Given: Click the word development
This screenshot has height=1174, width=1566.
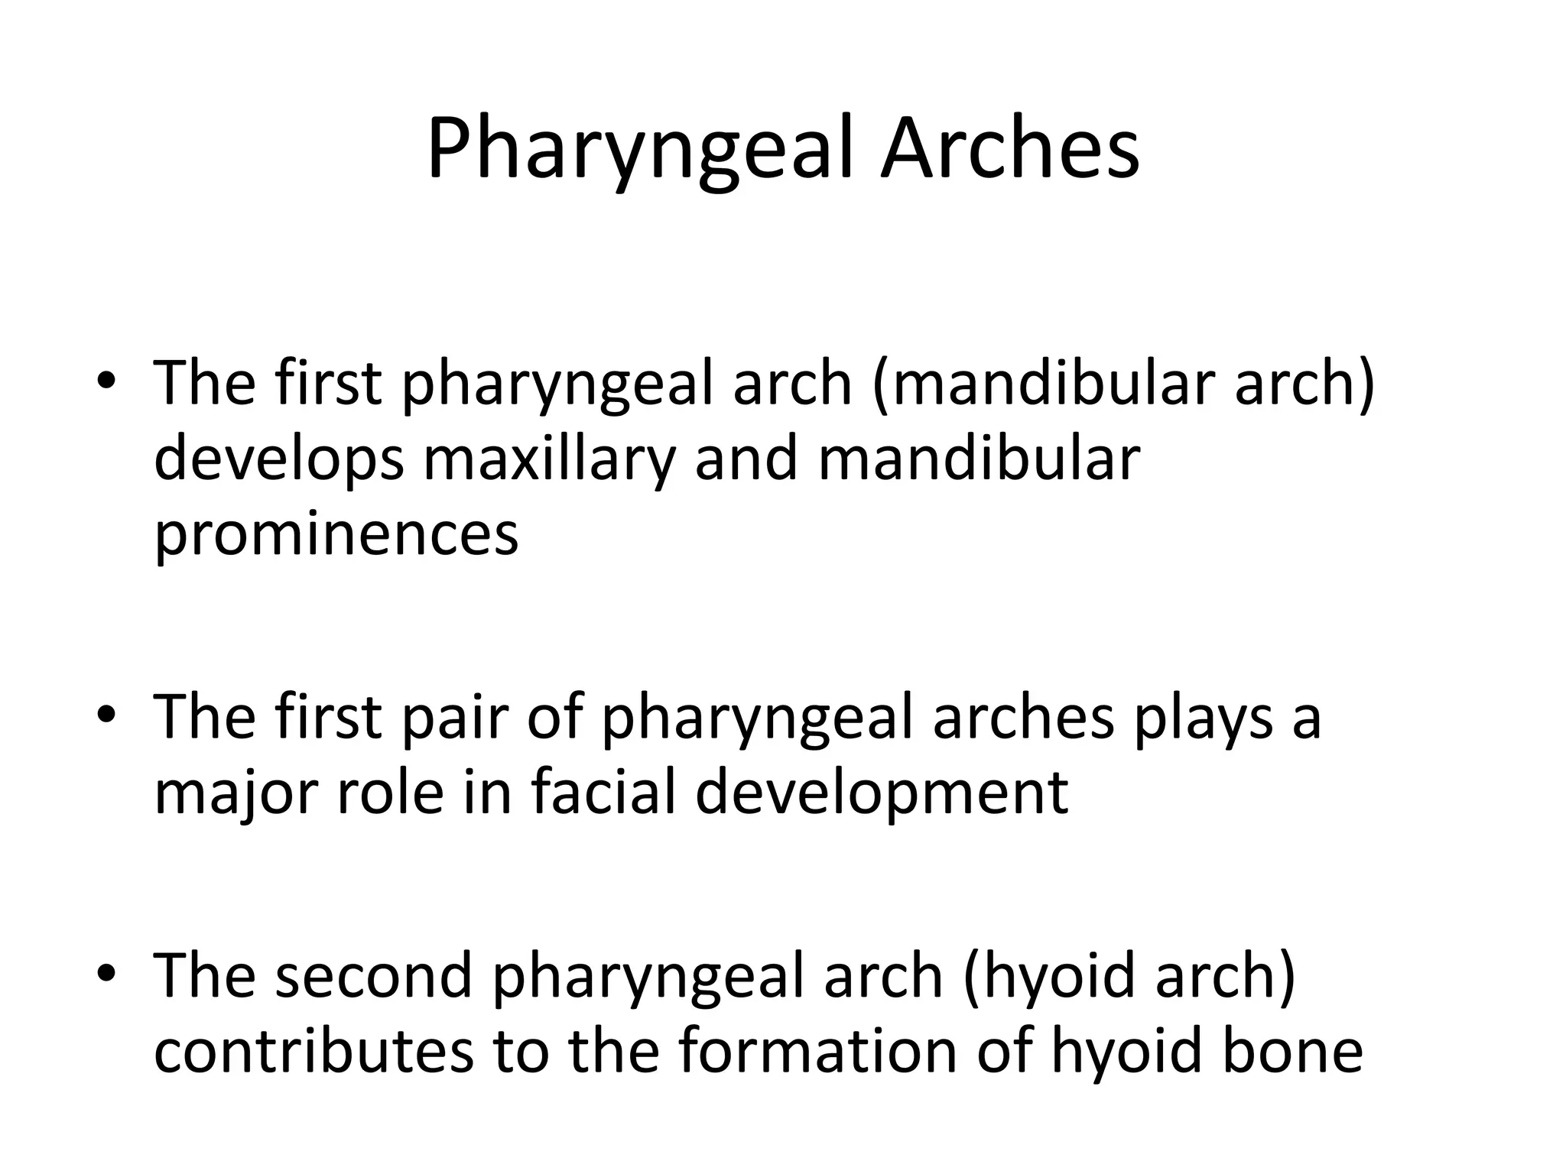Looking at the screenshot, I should click(882, 793).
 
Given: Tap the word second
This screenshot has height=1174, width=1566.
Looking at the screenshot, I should click(373, 975).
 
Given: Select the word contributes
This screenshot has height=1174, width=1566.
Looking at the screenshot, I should click(314, 1052).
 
